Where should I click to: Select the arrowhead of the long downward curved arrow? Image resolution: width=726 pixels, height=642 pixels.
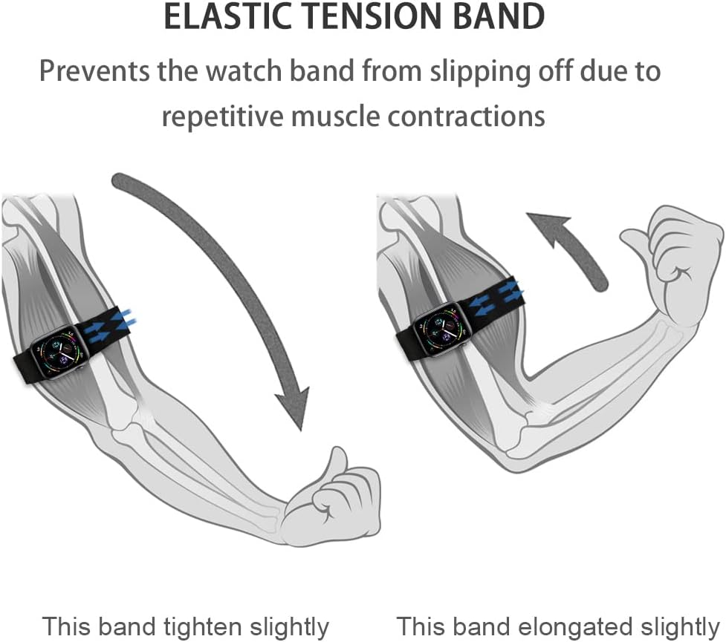click(x=294, y=404)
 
